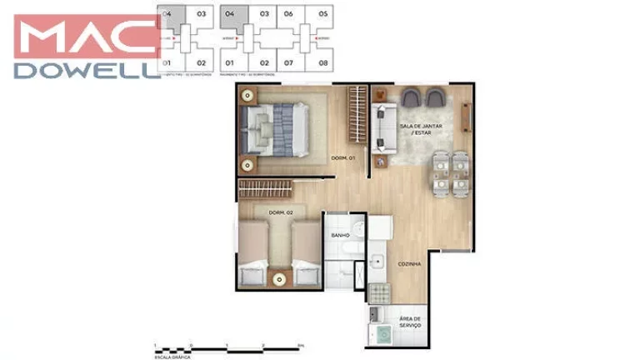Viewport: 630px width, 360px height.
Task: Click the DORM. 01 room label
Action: click(343, 157)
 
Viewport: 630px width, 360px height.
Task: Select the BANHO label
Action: click(339, 236)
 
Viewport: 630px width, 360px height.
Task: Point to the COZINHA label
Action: click(409, 263)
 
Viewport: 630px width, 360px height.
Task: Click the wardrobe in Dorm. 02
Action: click(276, 187)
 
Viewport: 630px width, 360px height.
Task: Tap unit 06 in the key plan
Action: click(288, 14)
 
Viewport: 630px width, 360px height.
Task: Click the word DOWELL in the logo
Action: click(87, 71)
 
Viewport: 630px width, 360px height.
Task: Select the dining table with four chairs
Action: click(450, 171)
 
